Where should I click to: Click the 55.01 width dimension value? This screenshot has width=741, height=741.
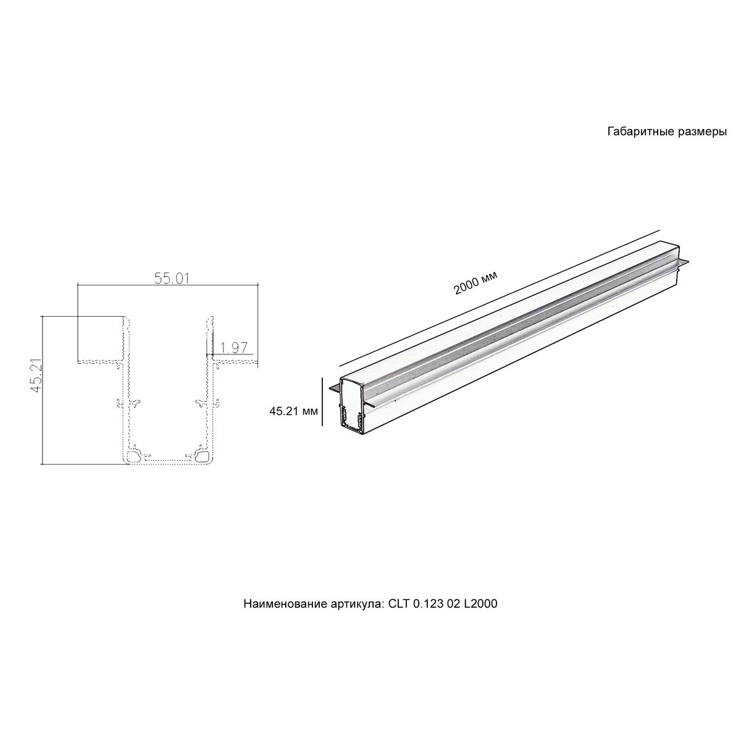coord(171,278)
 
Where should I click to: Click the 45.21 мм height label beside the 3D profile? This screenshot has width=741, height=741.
coord(293,410)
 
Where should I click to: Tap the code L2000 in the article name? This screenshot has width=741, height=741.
coord(481,603)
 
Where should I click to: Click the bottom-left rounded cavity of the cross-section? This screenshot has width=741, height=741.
coord(133,456)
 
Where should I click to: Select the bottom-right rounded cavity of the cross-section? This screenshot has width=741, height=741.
coord(202,456)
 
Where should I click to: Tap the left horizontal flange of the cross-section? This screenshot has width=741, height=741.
coord(99,361)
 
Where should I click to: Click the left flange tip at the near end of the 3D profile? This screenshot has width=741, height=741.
coord(333,388)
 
